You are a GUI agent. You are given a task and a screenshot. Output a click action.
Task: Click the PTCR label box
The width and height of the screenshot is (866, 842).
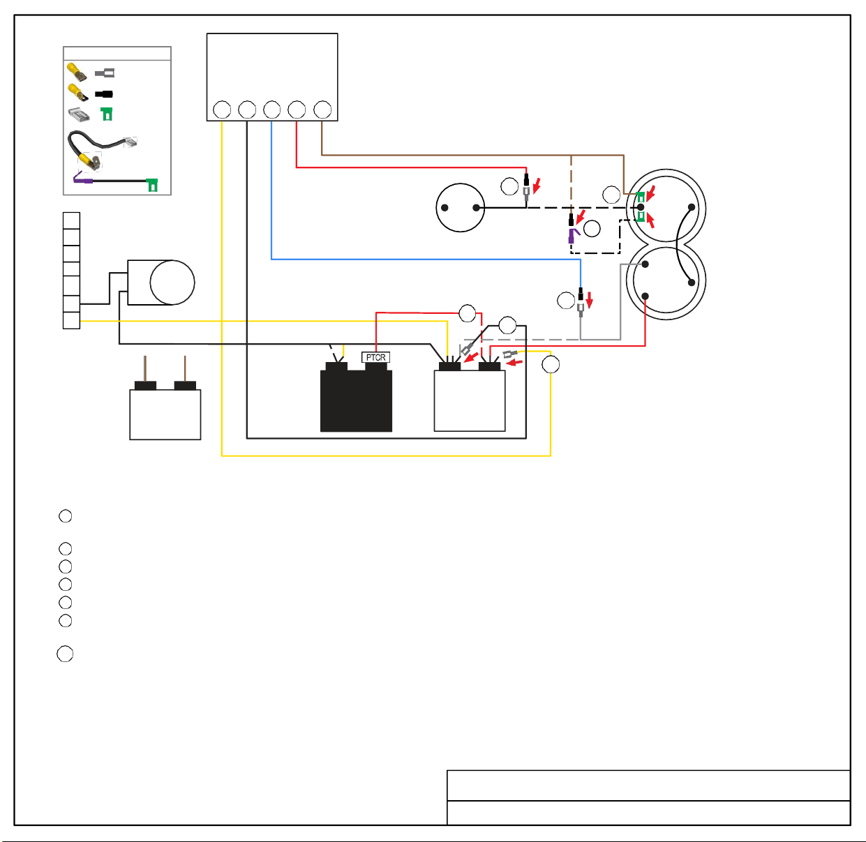tap(375, 357)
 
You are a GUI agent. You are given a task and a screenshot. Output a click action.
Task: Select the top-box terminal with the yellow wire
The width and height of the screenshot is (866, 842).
tap(222, 110)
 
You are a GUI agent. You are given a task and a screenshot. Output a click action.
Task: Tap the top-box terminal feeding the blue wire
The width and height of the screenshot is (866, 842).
tap(272, 110)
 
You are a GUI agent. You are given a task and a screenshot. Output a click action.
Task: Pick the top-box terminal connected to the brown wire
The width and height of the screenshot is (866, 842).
tap(322, 110)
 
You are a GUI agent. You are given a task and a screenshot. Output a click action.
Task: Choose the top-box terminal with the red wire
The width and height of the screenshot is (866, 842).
tap(297, 110)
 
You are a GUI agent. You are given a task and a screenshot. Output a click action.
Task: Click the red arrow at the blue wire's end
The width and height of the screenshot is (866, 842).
tap(590, 300)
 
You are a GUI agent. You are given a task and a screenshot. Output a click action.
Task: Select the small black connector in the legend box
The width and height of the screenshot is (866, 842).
tap(104, 94)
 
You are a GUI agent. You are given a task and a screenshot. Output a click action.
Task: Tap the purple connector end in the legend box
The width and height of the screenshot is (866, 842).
tap(83, 179)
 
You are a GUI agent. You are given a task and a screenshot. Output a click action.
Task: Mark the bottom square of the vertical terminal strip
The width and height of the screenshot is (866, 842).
tap(72, 320)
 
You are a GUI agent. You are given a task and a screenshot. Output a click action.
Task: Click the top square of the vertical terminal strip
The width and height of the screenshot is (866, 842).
tap(72, 220)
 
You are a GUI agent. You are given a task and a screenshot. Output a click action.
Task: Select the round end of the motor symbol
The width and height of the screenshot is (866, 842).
tap(172, 283)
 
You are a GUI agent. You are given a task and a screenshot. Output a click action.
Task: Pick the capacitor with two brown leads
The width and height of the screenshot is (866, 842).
tap(165, 410)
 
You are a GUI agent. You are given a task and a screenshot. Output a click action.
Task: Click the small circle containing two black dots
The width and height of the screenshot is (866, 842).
tap(460, 208)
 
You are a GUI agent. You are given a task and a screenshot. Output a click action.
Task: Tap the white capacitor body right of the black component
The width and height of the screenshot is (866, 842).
tap(470, 400)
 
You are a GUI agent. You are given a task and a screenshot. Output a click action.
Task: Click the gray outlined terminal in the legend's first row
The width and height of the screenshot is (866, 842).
tap(105, 73)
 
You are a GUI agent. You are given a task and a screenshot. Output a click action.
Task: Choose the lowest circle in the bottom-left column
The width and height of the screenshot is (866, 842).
tap(65, 654)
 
